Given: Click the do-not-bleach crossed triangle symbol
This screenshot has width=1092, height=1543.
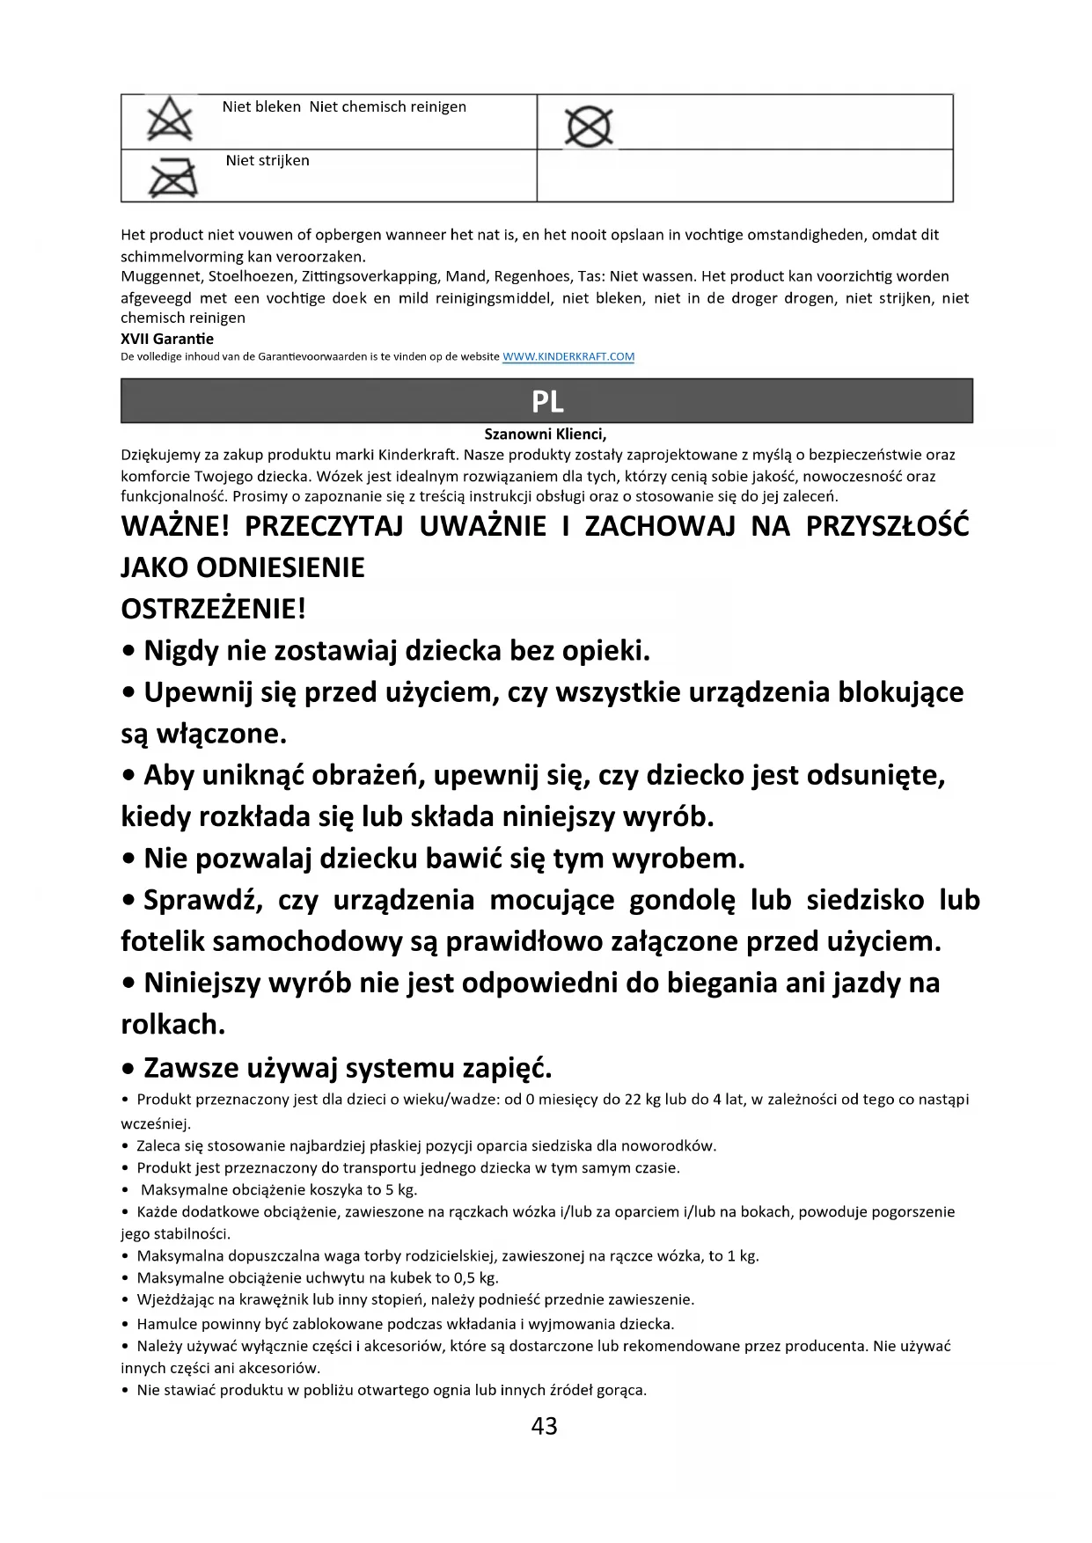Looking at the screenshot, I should (170, 121).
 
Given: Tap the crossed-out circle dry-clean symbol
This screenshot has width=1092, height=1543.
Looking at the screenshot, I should (588, 128).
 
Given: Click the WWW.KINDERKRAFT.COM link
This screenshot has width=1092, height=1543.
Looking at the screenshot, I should (568, 357).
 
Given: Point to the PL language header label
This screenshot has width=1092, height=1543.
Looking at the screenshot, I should (546, 402).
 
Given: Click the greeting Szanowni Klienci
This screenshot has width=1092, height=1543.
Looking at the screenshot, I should (546, 434).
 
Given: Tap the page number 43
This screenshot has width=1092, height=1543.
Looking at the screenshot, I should (545, 1426).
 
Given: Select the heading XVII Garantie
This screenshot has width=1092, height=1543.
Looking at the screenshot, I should (167, 339).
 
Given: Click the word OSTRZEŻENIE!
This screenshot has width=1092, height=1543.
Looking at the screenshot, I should (214, 609).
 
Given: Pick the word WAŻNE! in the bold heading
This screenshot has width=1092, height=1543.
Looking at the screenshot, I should (174, 526).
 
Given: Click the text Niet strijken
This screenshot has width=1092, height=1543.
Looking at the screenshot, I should (268, 161).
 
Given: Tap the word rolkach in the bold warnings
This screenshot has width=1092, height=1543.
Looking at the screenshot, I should (170, 1024).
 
